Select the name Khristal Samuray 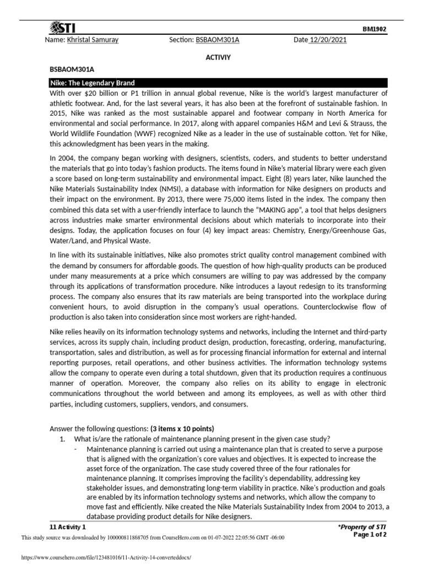[93, 40]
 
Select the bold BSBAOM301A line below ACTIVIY [72, 69]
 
